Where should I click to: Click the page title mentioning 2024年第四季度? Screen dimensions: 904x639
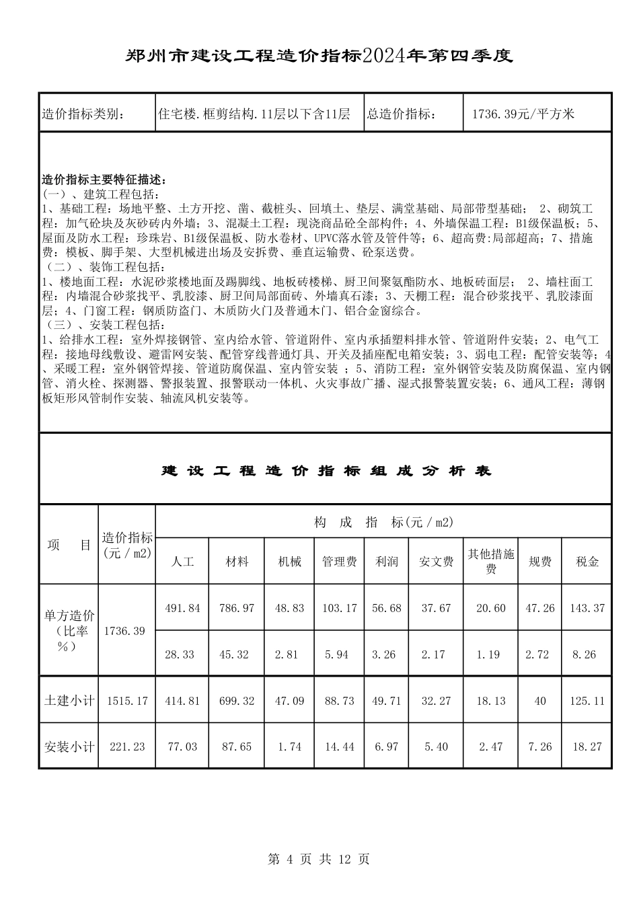pyautogui.click(x=319, y=56)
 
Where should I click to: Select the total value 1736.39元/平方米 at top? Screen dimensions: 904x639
pyautogui.click(x=523, y=114)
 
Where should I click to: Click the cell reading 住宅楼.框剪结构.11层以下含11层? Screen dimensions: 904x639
pyautogui.click(x=254, y=114)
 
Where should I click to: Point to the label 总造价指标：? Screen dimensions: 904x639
pyautogui.click(x=402, y=114)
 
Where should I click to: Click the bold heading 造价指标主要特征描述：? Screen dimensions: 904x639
pyautogui.click(x=104, y=180)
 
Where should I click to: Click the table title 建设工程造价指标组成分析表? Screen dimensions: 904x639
pyautogui.click(x=326, y=471)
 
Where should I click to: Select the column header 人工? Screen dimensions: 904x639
pyautogui.click(x=183, y=561)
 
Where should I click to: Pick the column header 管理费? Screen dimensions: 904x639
pyautogui.click(x=339, y=561)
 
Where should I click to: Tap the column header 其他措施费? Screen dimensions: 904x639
pyautogui.click(x=491, y=561)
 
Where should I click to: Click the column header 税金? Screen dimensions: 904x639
pyautogui.click(x=587, y=561)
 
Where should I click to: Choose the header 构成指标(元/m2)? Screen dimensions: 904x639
pyautogui.click(x=383, y=522)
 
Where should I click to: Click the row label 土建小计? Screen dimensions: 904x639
pyautogui.click(x=69, y=700)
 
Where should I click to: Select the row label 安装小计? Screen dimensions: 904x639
pyautogui.click(x=69, y=747)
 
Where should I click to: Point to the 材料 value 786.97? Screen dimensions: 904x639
pyautogui.click(x=237, y=607)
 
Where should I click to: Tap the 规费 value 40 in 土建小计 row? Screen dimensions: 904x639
pyautogui.click(x=539, y=700)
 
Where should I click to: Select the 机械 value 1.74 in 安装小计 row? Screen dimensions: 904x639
pyautogui.click(x=289, y=747)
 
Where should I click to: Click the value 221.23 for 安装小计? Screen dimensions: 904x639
pyautogui.click(x=127, y=747)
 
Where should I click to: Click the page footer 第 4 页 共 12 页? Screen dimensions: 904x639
pyautogui.click(x=319, y=859)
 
